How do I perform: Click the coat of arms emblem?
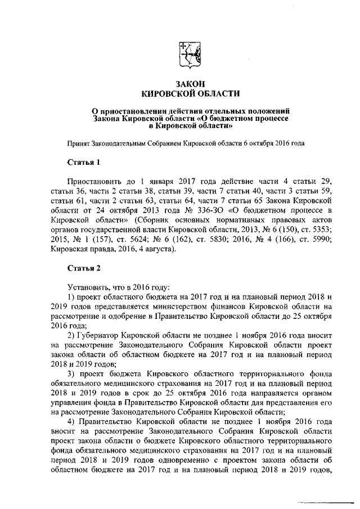click(190, 55)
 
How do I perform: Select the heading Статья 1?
click(84, 163)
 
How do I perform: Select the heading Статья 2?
click(84, 268)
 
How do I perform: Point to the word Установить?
click(87, 287)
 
